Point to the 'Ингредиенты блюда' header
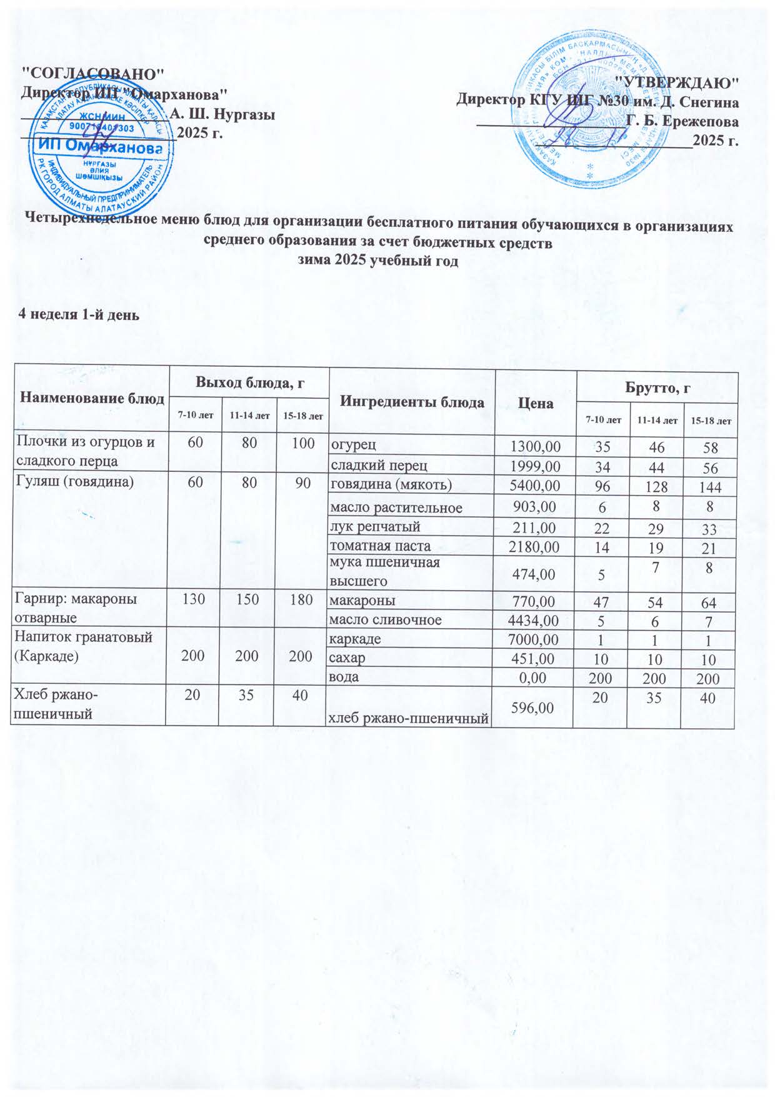coord(412,402)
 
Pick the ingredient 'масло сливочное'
coord(386,620)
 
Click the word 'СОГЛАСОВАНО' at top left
coord(93,72)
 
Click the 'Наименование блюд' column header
coord(88,398)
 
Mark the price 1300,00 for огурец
coord(535,446)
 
